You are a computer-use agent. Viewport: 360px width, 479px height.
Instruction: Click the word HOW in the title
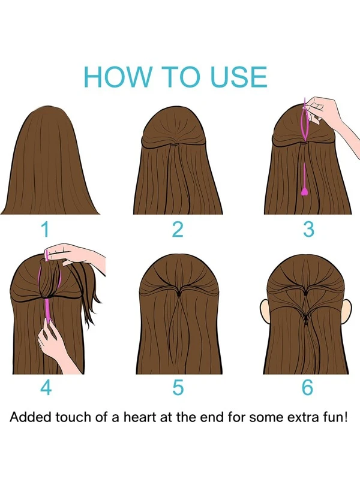pos(118,76)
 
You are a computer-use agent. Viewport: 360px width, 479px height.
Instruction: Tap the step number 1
pos(45,230)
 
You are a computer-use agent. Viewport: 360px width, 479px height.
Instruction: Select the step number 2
pos(178,230)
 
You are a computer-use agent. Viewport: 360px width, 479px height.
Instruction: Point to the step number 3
pos(308,230)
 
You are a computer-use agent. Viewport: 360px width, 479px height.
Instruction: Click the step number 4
pos(46,387)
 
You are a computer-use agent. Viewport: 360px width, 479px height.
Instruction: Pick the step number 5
pos(178,387)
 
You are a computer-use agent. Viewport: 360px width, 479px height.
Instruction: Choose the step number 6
pos(308,387)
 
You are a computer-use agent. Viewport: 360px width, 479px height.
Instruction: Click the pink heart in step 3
pos(304,191)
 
